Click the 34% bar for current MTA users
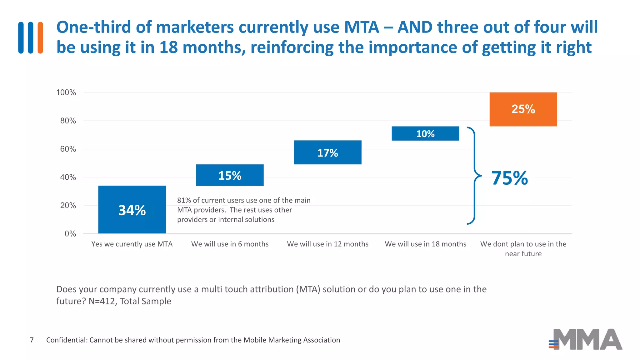click(x=132, y=209)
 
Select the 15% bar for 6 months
click(x=230, y=175)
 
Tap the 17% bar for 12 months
click(x=327, y=152)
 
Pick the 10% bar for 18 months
click(x=425, y=133)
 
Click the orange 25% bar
click(x=523, y=109)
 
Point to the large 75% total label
click(x=509, y=178)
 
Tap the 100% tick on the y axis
click(x=66, y=92)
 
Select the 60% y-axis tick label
click(x=68, y=149)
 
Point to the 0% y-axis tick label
click(x=70, y=234)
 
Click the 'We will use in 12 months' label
click(x=327, y=244)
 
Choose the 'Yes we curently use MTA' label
click(x=132, y=244)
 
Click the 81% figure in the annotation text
click(x=184, y=200)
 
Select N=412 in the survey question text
click(x=102, y=301)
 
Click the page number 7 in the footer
click(x=32, y=340)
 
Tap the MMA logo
click(x=586, y=339)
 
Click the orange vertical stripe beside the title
click(x=40, y=37)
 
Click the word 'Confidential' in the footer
click(x=67, y=340)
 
